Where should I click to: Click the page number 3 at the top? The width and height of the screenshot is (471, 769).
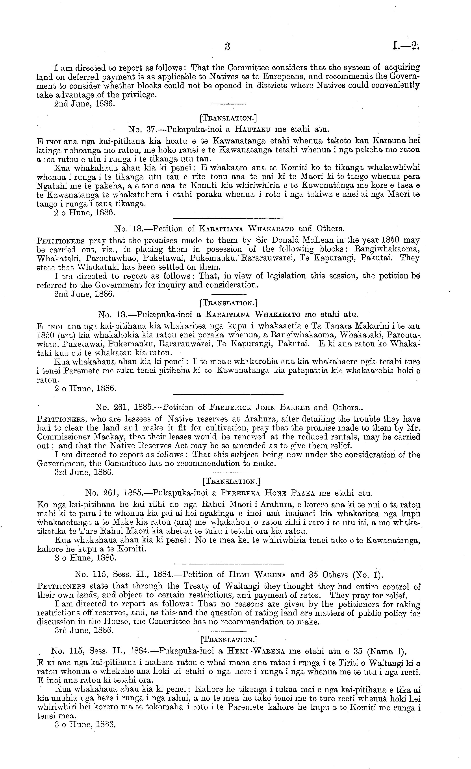[x=228, y=46]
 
